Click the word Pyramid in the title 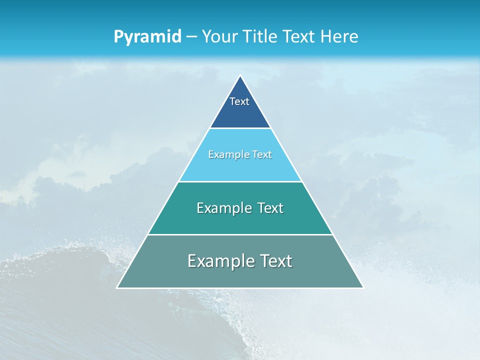[147, 37]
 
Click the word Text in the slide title [299, 36]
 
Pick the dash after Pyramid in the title [191, 37]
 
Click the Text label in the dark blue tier [239, 101]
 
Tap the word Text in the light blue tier [262, 154]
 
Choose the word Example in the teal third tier [223, 208]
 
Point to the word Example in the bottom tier [220, 261]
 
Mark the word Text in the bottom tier [276, 261]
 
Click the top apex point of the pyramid [240, 76]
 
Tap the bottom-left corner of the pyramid [117, 287]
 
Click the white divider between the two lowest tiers [240, 234]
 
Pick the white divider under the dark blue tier [240, 128]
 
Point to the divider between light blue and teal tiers [240, 181]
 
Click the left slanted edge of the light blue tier [194, 155]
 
